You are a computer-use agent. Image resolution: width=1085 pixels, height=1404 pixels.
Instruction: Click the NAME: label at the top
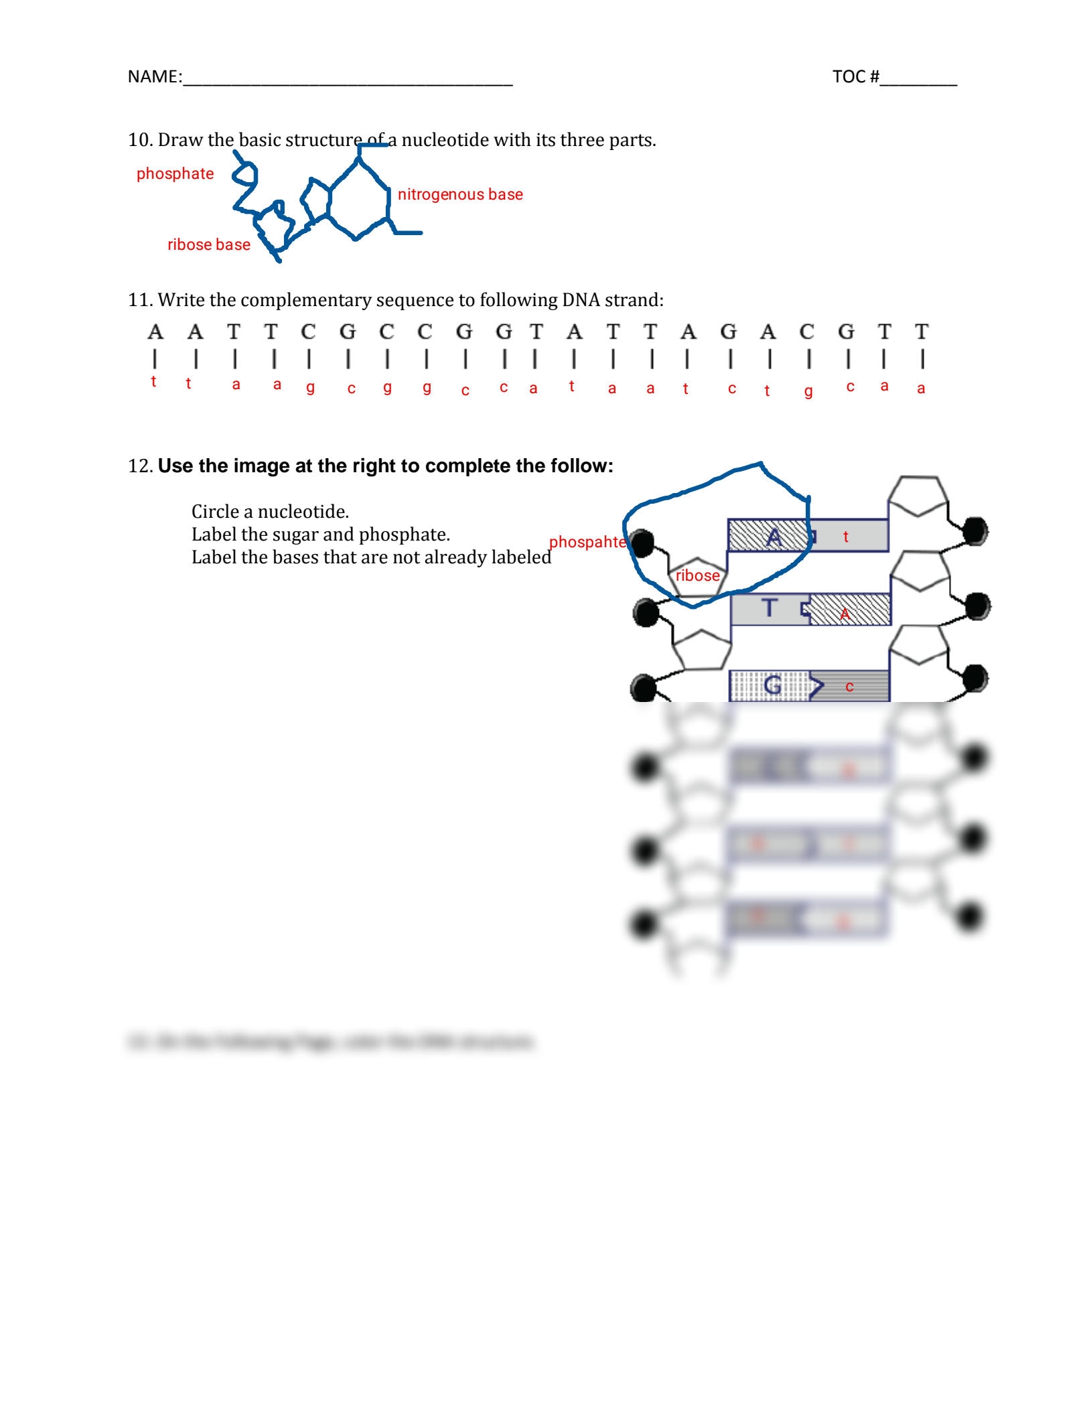click(x=154, y=76)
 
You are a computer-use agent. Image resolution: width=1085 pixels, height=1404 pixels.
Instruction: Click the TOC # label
click(x=855, y=76)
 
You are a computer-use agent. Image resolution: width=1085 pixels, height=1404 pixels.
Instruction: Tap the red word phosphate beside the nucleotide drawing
click(x=175, y=173)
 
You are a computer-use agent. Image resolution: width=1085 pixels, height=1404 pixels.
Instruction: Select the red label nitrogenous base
click(x=460, y=194)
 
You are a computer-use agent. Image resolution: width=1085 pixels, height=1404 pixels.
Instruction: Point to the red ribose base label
click(x=208, y=244)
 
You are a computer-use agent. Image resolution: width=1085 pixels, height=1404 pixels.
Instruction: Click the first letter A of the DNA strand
click(x=155, y=332)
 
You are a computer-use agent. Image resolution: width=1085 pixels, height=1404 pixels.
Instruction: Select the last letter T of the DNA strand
click(x=922, y=332)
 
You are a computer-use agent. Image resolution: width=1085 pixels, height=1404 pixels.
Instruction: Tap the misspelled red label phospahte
click(x=587, y=542)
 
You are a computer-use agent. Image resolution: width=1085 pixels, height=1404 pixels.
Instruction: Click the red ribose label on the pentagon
click(x=697, y=575)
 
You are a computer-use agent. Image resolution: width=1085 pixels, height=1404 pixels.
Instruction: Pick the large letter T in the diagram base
click(x=770, y=608)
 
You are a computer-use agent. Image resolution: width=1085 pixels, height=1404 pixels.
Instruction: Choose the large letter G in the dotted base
click(x=772, y=685)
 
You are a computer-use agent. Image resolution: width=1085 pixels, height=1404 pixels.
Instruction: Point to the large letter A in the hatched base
click(x=774, y=537)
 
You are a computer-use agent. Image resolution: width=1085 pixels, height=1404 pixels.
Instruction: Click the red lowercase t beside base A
click(x=846, y=537)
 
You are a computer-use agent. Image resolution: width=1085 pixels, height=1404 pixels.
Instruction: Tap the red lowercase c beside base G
click(x=849, y=687)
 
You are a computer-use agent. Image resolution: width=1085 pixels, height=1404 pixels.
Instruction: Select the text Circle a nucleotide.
click(x=270, y=512)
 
